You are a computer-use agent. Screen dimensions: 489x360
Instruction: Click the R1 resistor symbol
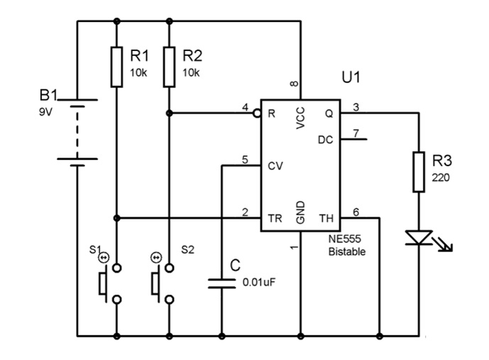(x=116, y=67)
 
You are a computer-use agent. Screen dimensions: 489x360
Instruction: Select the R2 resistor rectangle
(x=169, y=67)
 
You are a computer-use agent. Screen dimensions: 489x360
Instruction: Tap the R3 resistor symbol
(x=419, y=172)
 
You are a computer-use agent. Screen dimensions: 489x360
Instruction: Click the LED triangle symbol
(x=419, y=237)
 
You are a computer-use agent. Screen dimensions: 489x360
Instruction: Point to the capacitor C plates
(x=221, y=283)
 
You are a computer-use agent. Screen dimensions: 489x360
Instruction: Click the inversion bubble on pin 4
(x=257, y=113)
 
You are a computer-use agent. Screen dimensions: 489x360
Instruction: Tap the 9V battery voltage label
(x=45, y=111)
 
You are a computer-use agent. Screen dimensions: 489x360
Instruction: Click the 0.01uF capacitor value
(x=259, y=283)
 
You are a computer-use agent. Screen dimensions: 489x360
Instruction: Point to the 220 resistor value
(x=441, y=178)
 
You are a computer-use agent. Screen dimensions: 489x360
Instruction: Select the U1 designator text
(x=351, y=77)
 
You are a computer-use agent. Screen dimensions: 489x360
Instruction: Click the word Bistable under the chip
(x=347, y=251)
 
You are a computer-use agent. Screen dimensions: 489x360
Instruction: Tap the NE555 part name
(x=345, y=239)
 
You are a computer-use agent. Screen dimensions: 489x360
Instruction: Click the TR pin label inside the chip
(x=275, y=219)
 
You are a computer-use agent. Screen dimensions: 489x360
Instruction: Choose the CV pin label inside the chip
(x=275, y=166)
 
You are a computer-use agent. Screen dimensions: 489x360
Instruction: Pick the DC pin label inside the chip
(x=325, y=140)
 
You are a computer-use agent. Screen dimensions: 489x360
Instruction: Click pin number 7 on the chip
(x=356, y=133)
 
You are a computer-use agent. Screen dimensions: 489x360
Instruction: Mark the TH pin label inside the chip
(x=326, y=219)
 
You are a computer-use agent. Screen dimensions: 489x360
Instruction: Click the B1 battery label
(x=48, y=95)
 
